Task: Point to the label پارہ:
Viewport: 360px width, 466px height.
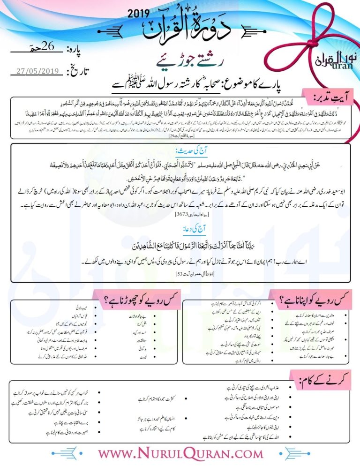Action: tap(76, 49)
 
